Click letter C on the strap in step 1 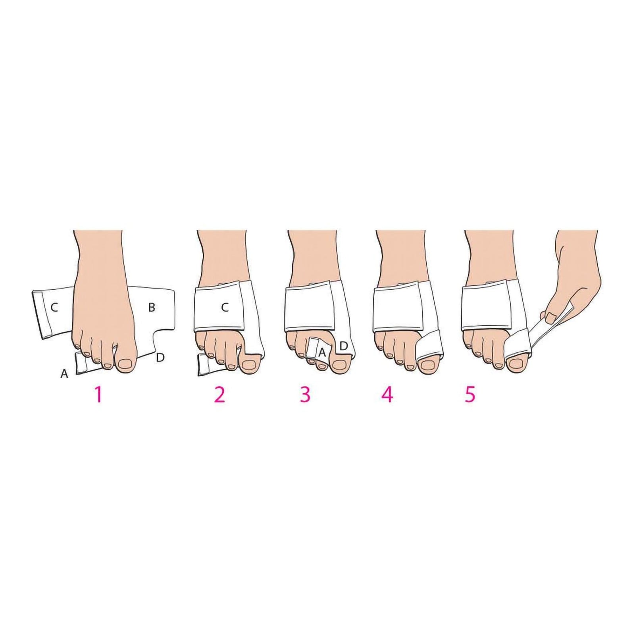click(55, 307)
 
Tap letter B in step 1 click(151, 307)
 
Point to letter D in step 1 click(160, 357)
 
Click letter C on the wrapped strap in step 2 click(225, 307)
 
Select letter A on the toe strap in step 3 click(323, 352)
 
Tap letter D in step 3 click(344, 346)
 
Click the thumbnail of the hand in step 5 click(551, 317)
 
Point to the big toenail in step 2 click(248, 364)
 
